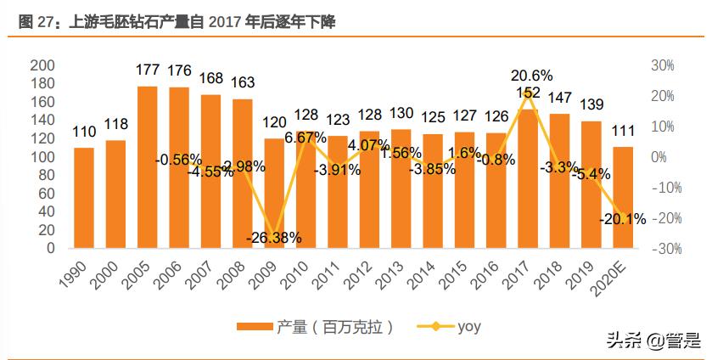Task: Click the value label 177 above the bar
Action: tap(148, 70)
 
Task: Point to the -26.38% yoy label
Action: tap(273, 238)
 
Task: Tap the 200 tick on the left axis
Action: tap(42, 65)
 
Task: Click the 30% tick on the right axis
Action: tap(662, 65)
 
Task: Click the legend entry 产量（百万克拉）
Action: tap(315, 326)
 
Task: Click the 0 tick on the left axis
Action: tap(49, 249)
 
